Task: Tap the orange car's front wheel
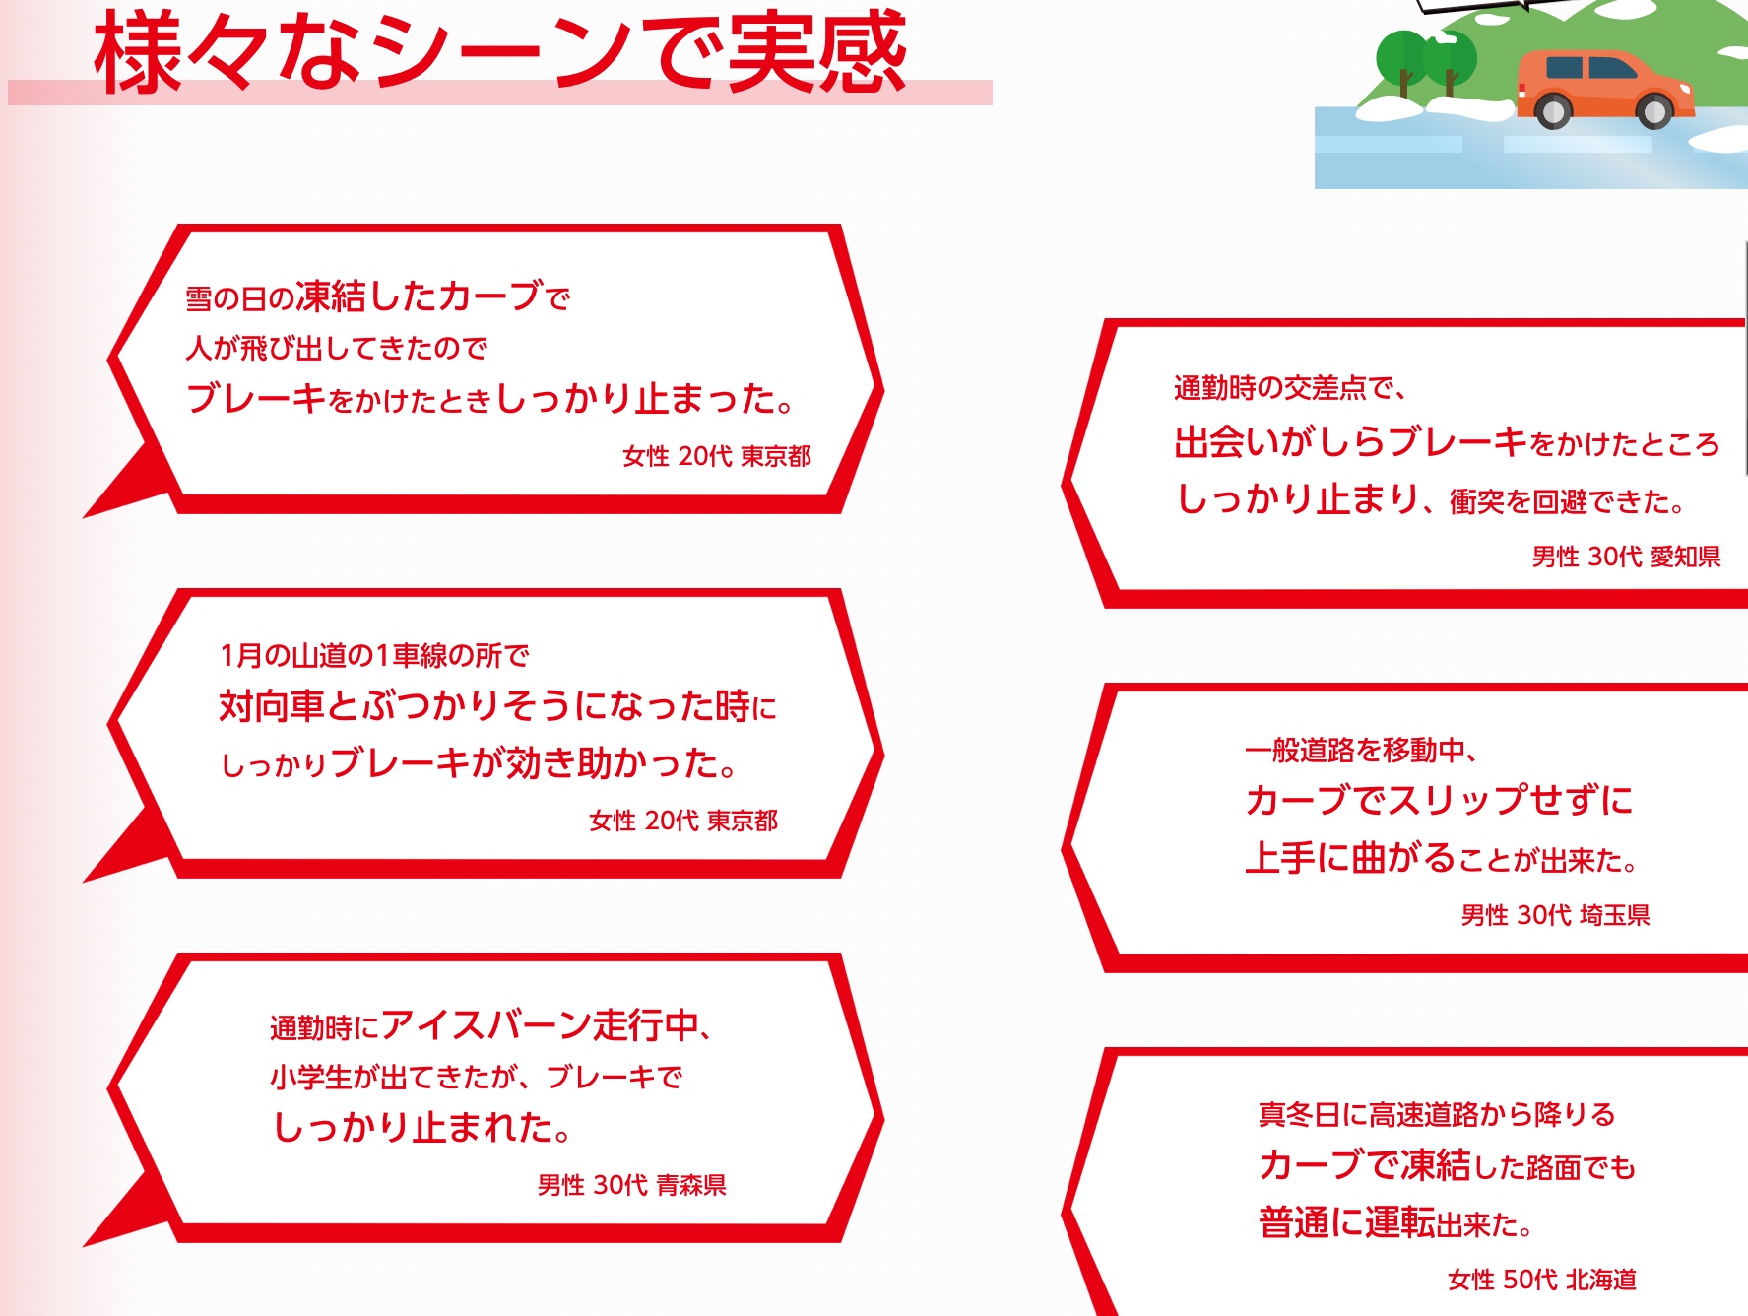[1655, 111]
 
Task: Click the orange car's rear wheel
[1554, 111]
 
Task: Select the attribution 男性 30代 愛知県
[1626, 557]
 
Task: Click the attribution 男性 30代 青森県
[631, 1185]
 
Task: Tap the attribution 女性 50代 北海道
[1542, 1280]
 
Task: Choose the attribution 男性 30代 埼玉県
[1555, 915]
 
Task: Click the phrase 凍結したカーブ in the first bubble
[419, 296]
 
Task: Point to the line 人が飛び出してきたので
[337, 348]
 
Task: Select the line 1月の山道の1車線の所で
[374, 655]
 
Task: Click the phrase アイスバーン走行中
[540, 1025]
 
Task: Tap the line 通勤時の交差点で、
[1290, 388]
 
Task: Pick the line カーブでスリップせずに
[1439, 800]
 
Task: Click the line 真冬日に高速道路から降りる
[1437, 1114]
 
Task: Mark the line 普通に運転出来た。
[1395, 1222]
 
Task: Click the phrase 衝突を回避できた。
[1567, 501]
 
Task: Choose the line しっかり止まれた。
[421, 1127]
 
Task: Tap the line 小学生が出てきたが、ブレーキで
[476, 1077]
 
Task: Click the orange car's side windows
[1589, 68]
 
